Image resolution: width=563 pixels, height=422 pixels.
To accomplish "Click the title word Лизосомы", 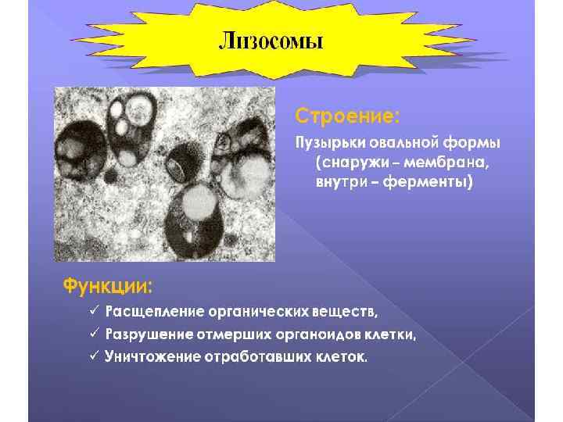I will coord(270,41).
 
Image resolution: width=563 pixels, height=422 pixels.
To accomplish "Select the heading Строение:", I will coord(346,116).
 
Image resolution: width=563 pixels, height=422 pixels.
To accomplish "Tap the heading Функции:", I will coord(108,281).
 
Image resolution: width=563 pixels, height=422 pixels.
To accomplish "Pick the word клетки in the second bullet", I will coord(389,334).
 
